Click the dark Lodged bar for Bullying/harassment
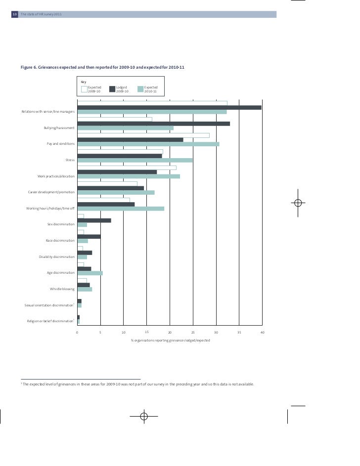[153, 124]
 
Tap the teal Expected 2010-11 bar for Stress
[135, 160]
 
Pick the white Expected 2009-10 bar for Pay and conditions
[143, 135]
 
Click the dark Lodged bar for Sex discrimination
[94, 220]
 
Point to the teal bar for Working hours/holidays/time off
[121, 209]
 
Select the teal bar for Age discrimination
[90, 273]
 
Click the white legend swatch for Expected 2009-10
[84, 89]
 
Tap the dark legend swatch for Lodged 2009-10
[112, 89]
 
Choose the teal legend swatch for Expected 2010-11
[140, 89]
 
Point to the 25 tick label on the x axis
[193, 333]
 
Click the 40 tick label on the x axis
[263, 333]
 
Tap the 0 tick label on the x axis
[77, 333]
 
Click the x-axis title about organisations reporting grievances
[170, 340]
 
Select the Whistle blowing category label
[62, 289]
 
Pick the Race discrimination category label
[60, 240]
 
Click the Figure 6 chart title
[102, 67]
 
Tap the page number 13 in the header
[14, 14]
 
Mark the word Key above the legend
[84, 82]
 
